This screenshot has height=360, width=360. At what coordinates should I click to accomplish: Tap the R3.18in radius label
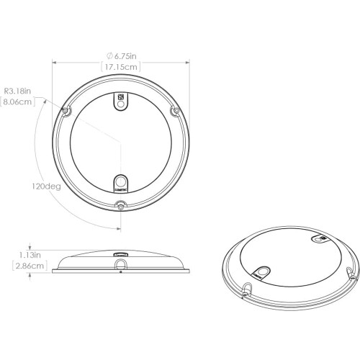[x=18, y=91]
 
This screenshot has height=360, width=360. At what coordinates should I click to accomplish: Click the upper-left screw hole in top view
[x=67, y=112]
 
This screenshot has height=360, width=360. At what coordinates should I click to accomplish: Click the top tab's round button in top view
[x=120, y=104]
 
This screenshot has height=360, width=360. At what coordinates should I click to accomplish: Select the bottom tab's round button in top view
[x=120, y=181]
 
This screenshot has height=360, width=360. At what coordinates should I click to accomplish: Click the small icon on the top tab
[x=120, y=96]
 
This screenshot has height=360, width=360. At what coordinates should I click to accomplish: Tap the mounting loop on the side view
[x=120, y=267]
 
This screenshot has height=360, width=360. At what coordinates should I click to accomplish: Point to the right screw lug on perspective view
[x=350, y=272]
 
